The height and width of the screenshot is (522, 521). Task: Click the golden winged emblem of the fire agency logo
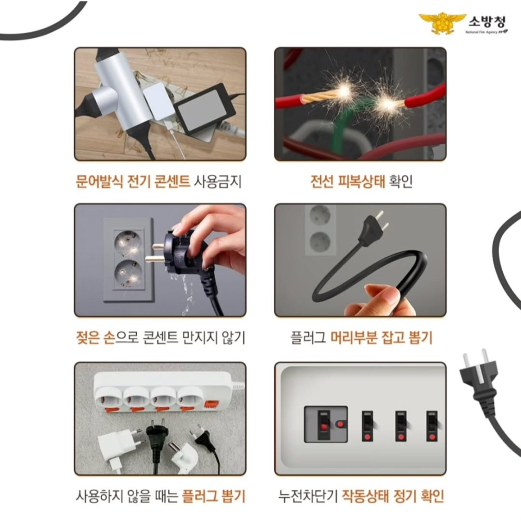[x=442, y=23]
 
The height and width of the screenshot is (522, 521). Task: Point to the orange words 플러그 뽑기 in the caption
[x=213, y=495]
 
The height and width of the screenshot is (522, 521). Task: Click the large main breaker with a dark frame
[x=326, y=424]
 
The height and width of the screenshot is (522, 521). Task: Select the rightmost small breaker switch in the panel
[x=432, y=425]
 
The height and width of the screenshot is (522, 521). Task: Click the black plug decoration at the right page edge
[x=478, y=381]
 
